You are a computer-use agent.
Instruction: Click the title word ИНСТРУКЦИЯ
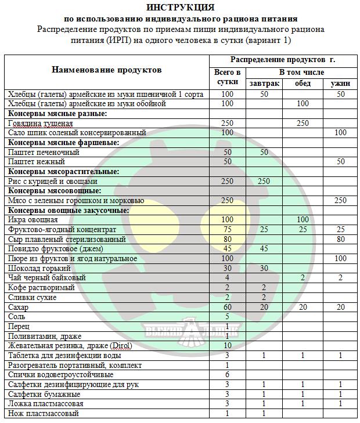[x=180, y=8]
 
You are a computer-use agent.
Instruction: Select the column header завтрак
[x=264, y=84]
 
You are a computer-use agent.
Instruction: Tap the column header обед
[x=303, y=84]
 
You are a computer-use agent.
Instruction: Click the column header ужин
[x=340, y=84]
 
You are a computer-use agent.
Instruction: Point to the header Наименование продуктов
[x=107, y=70]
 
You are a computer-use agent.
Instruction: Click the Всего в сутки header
[x=227, y=77]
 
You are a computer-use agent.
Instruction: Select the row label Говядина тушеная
[x=41, y=123]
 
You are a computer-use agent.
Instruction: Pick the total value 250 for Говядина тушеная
[x=227, y=123]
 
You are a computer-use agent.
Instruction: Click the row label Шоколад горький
[x=39, y=269]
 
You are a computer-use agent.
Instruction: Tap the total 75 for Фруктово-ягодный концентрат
[x=227, y=230]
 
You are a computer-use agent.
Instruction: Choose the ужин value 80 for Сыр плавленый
[x=340, y=239]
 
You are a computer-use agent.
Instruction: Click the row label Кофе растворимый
[x=41, y=288]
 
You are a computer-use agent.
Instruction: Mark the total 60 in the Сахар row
[x=227, y=307]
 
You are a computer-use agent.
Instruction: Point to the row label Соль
[x=16, y=317]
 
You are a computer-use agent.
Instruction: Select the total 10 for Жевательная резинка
[x=227, y=346]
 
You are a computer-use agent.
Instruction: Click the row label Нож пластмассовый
[x=44, y=414]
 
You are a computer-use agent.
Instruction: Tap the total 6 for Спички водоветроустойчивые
[x=227, y=375]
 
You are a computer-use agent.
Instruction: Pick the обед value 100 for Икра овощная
[x=303, y=220]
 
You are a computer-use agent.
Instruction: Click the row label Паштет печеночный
[x=44, y=152]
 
